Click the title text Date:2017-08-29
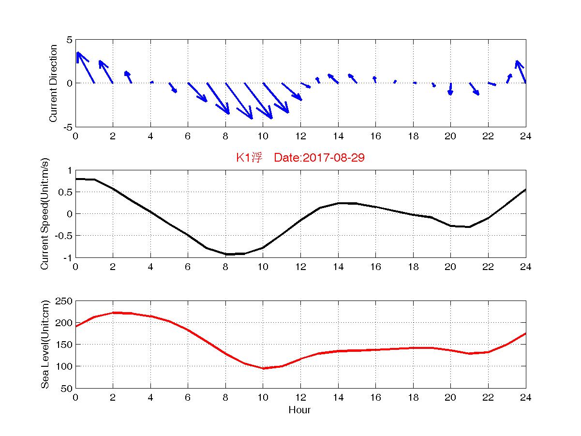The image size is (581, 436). pyautogui.click(x=319, y=158)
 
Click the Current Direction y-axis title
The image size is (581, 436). pyautogui.click(x=54, y=83)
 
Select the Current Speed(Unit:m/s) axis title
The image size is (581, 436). pyautogui.click(x=45, y=213)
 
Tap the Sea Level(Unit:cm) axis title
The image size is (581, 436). pyautogui.click(x=45, y=344)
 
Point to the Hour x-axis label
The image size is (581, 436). pyautogui.click(x=299, y=410)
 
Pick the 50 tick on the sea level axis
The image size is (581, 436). pyautogui.click(x=67, y=389)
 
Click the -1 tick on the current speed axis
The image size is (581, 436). pyautogui.click(x=68, y=257)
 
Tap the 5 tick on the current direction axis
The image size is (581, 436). pyautogui.click(x=70, y=40)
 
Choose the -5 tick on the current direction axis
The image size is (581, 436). pyautogui.click(x=68, y=127)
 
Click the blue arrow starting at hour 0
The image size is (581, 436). pyautogui.click(x=85, y=67)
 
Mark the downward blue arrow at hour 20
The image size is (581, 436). pyautogui.click(x=450, y=89)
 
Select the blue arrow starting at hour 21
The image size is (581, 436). pyautogui.click(x=475, y=89)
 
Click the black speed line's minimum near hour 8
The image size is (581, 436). pyautogui.click(x=226, y=254)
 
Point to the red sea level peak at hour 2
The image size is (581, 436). pyautogui.click(x=113, y=313)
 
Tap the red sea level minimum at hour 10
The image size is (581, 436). pyautogui.click(x=264, y=368)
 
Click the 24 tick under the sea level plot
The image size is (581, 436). pyautogui.click(x=526, y=398)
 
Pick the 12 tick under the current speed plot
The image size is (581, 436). pyautogui.click(x=300, y=267)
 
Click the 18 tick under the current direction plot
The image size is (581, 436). pyautogui.click(x=413, y=136)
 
